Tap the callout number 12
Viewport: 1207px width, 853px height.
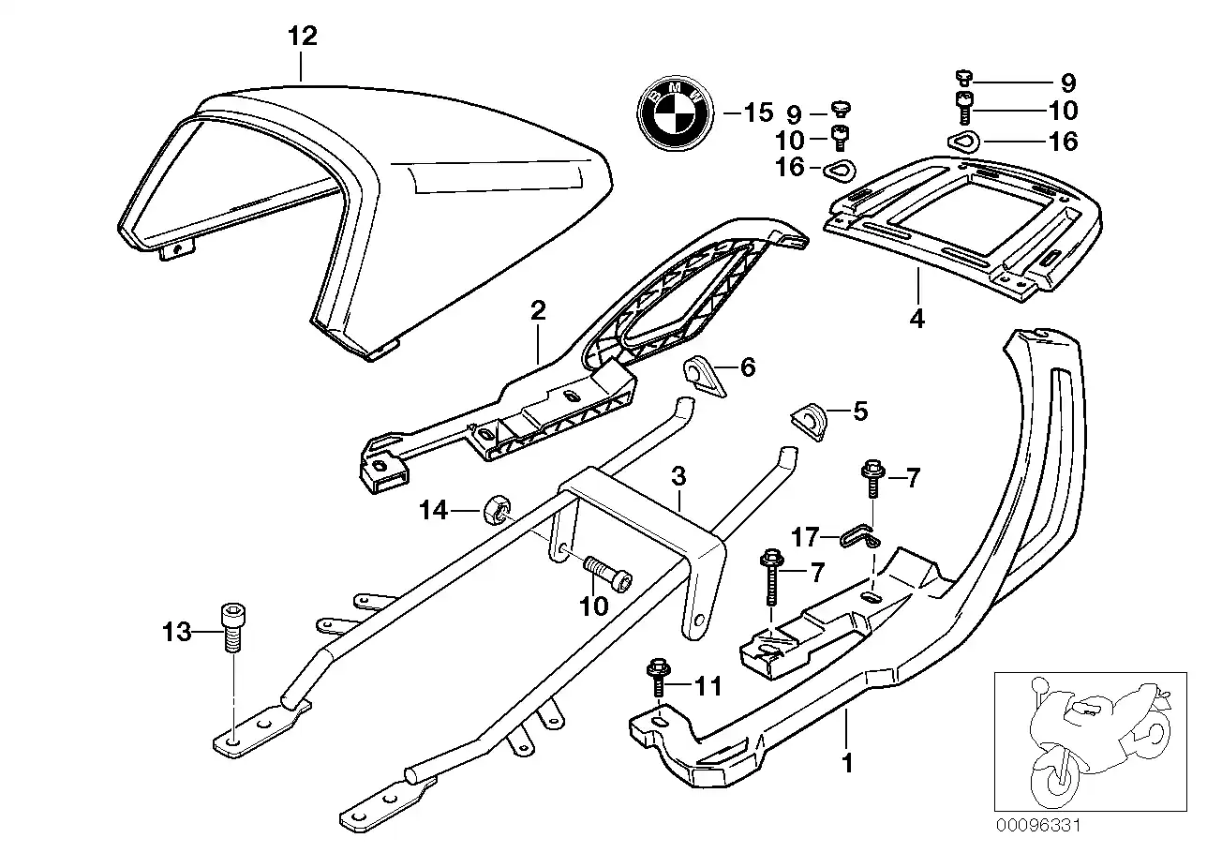(302, 37)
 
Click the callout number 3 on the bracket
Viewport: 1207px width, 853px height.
(678, 478)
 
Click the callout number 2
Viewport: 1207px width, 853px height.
(537, 311)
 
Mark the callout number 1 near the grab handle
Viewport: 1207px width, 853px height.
(847, 764)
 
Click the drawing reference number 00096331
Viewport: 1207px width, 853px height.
(1038, 826)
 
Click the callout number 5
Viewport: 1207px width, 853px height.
(858, 411)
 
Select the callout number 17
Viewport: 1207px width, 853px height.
(805, 538)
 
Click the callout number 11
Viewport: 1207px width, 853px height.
(708, 686)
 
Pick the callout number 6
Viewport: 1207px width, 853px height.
(747, 367)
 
